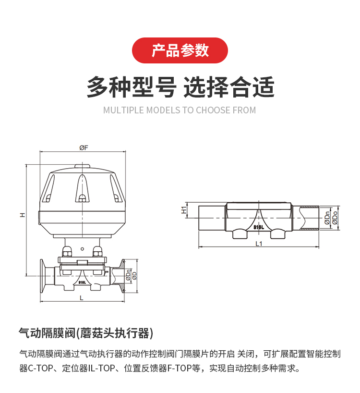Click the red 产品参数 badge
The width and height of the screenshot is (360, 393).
[x=180, y=50]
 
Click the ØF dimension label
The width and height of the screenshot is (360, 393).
[x=84, y=148]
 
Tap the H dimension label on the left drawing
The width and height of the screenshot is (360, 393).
[x=23, y=215]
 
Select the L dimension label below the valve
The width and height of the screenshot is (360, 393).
[x=82, y=298]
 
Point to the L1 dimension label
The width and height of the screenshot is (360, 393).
[x=259, y=244]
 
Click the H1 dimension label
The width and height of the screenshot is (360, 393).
[x=184, y=210]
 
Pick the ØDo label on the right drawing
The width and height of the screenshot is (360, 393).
[x=335, y=218]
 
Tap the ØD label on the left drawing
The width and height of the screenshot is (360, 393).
[x=134, y=276]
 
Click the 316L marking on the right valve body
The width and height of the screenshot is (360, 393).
[x=259, y=227]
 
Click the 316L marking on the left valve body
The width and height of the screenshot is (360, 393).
[x=82, y=282]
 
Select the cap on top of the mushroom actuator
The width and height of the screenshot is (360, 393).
[x=83, y=166]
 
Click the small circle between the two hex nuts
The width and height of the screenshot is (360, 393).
[x=83, y=249]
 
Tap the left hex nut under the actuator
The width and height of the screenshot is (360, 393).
[x=67, y=252]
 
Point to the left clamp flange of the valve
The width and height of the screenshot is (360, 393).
[x=43, y=276]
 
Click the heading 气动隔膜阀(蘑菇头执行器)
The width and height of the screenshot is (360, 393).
[x=86, y=333]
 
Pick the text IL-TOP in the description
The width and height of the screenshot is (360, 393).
[x=101, y=368]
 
